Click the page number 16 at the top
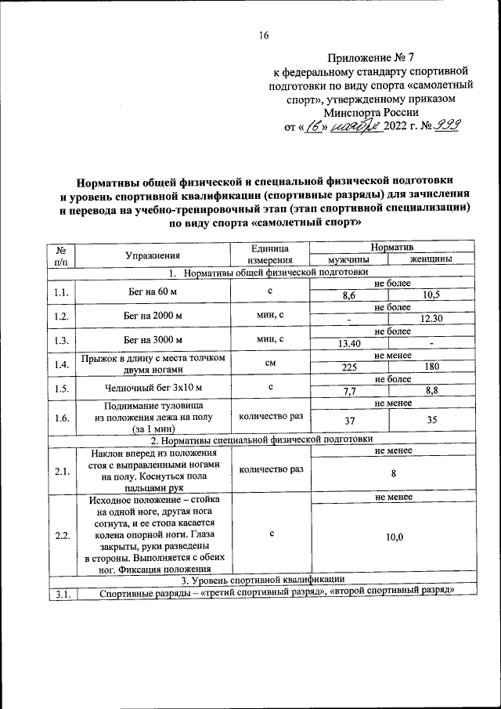tap(264, 34)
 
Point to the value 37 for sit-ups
tap(349, 421)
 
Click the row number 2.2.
tap(61, 535)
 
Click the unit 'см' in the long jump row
tap(269, 364)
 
